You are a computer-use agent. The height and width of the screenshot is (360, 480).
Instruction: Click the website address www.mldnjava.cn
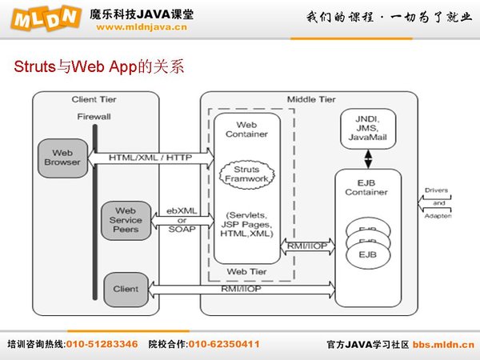142,26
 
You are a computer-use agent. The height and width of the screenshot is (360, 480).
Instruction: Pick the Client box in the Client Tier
125,289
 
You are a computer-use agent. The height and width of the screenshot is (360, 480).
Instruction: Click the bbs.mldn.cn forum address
443,344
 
